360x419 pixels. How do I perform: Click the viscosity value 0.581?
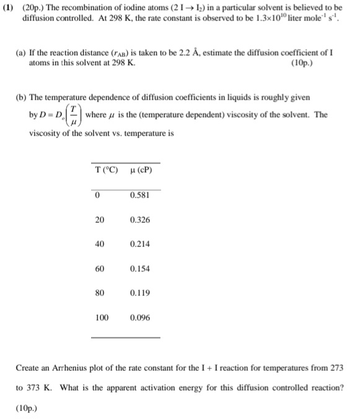click(x=139, y=196)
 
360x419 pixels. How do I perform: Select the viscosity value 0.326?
click(x=139, y=220)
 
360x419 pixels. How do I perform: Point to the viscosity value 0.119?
click(x=139, y=293)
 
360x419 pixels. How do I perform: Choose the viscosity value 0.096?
click(x=139, y=317)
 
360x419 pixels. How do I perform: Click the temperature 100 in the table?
click(x=102, y=317)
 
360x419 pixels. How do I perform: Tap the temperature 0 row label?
click(x=97, y=196)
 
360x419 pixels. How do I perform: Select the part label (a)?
click(x=19, y=54)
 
